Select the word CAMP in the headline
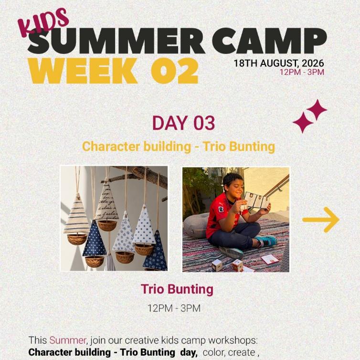click(x=269, y=41)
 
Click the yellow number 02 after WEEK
click(x=174, y=71)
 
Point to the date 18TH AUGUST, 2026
click(x=279, y=63)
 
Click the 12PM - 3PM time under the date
click(x=302, y=72)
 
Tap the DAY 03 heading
click(x=183, y=123)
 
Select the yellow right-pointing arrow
click(x=321, y=220)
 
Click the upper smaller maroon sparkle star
click(x=317, y=109)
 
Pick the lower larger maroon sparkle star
click(x=303, y=123)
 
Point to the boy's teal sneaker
click(x=266, y=241)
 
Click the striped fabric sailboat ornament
click(x=76, y=218)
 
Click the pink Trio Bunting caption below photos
click(x=177, y=289)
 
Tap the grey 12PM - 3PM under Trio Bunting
click(x=174, y=308)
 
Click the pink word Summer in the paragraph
click(x=68, y=340)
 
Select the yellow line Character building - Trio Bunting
click(x=179, y=147)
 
